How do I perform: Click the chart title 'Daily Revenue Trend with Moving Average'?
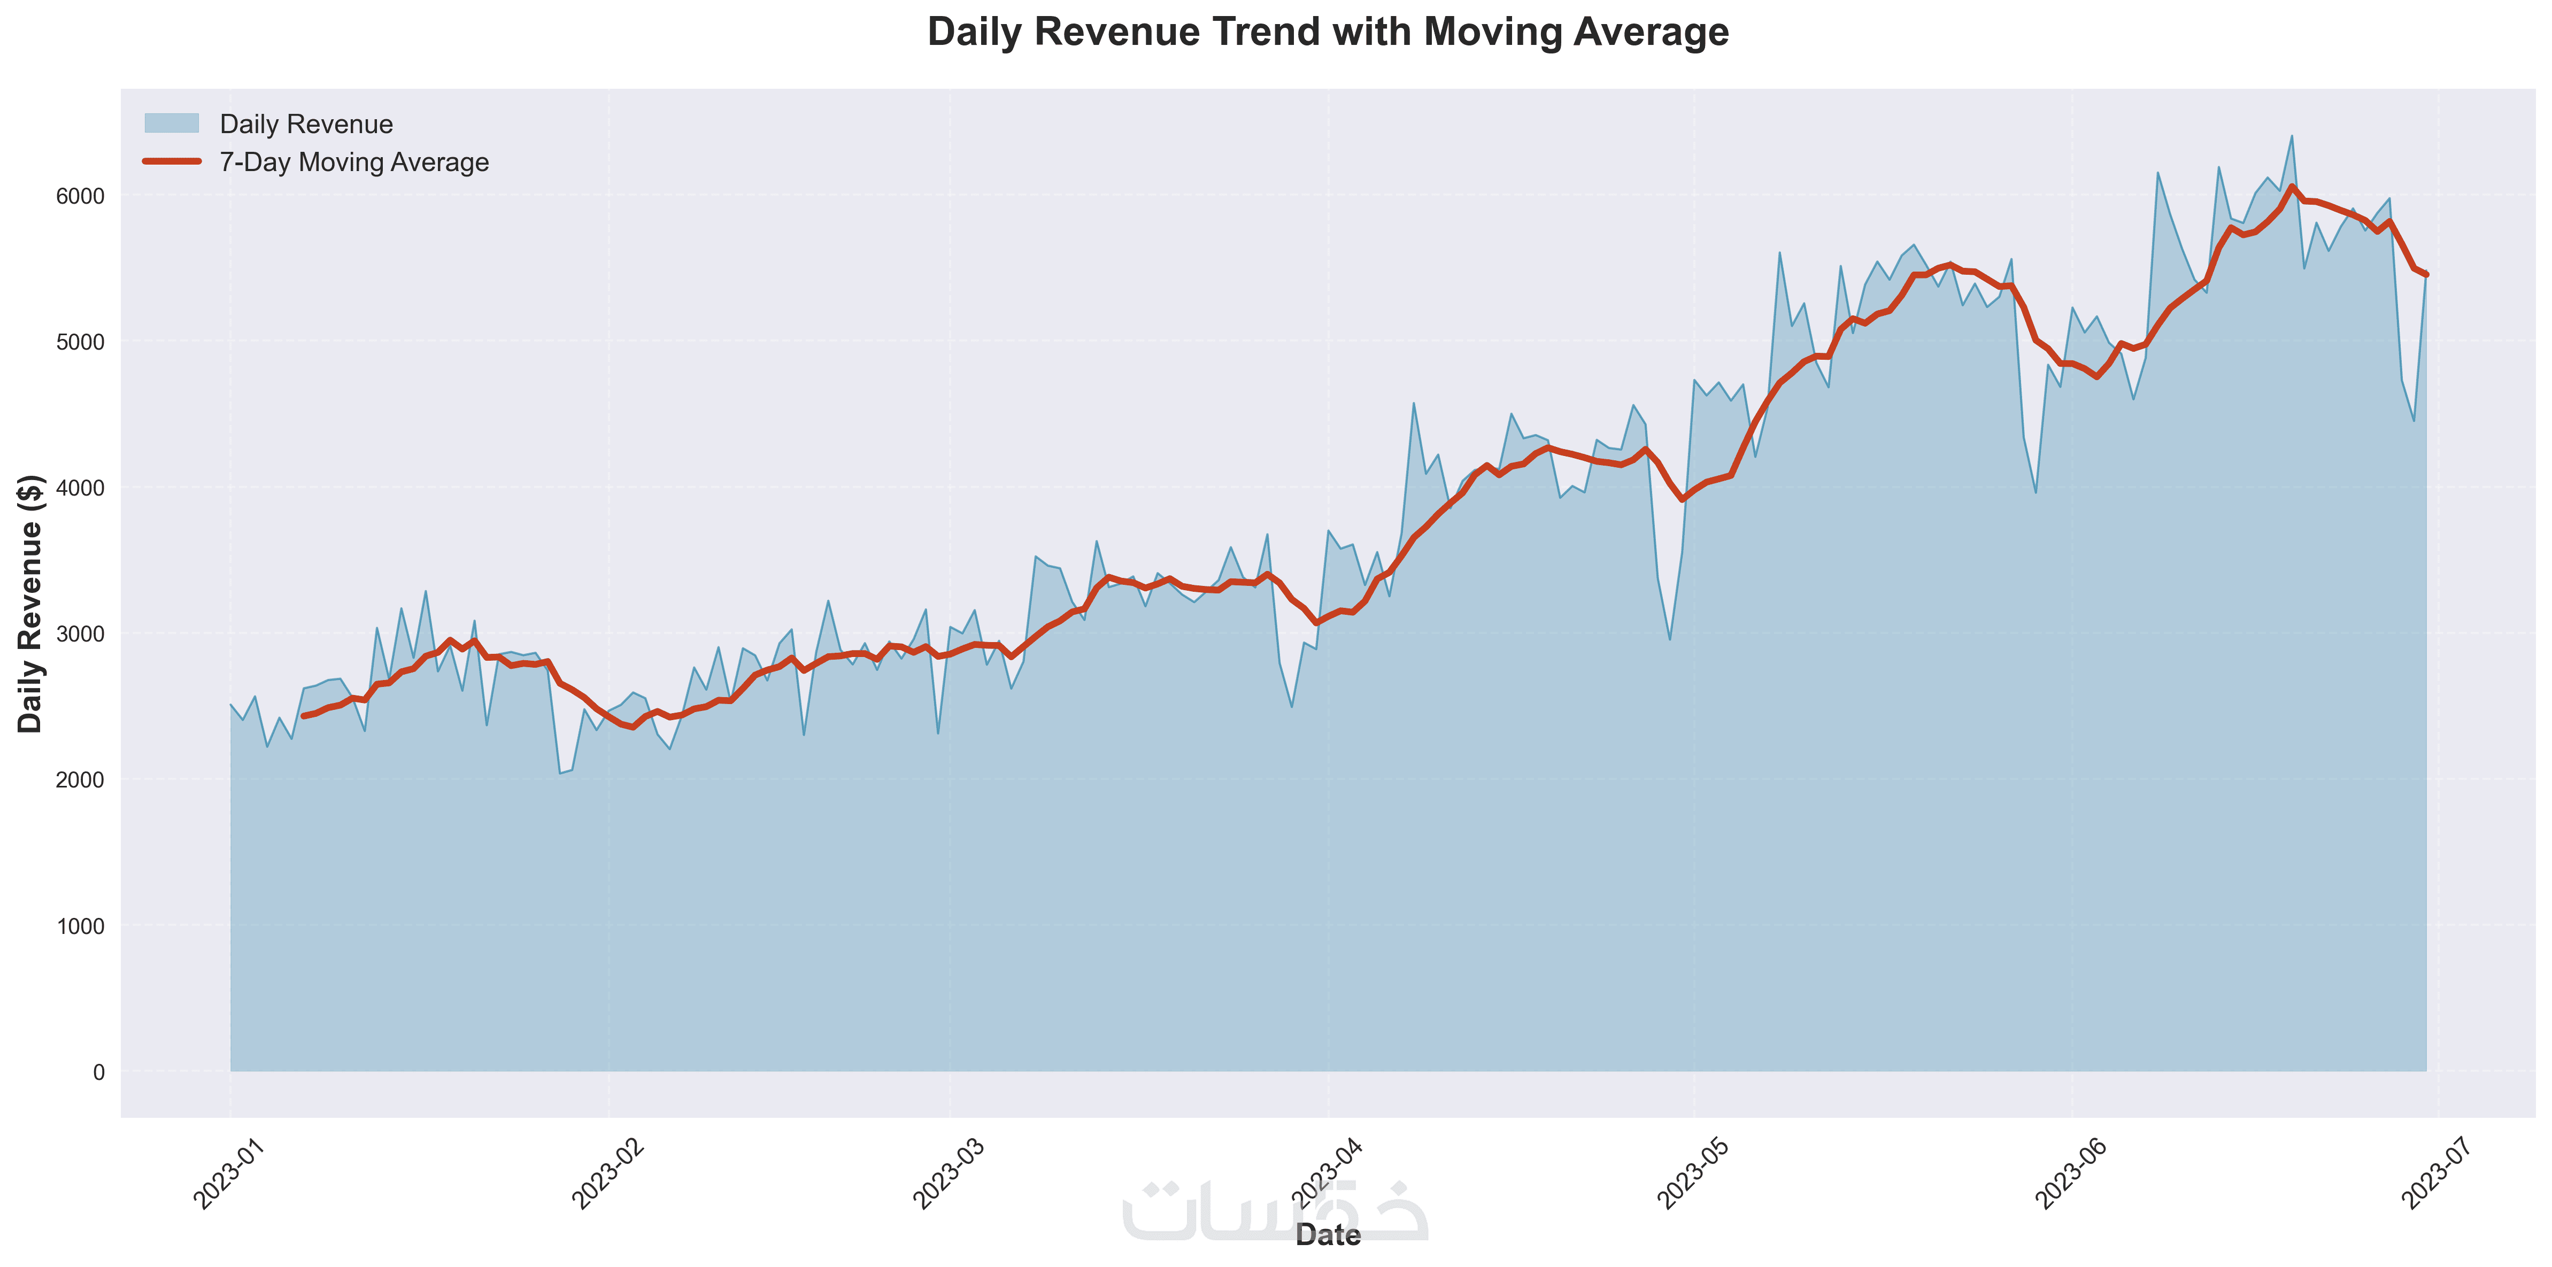pyautogui.click(x=1328, y=33)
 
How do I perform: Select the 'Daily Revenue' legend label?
pyautogui.click(x=306, y=124)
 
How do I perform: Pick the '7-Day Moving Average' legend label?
pyautogui.click(x=353, y=163)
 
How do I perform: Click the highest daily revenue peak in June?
pyautogui.click(x=2292, y=136)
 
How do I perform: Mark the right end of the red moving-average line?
pyautogui.click(x=2426, y=274)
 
